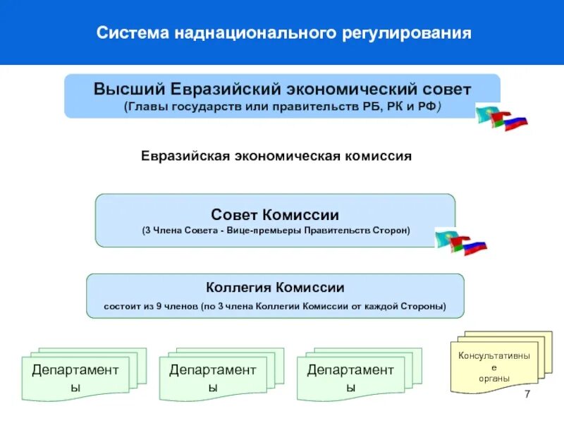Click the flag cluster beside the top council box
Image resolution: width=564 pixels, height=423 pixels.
(501, 116)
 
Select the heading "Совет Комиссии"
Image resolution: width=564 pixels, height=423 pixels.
(275, 214)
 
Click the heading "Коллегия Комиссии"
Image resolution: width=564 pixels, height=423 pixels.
(275, 288)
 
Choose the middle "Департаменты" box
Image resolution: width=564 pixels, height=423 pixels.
(212, 378)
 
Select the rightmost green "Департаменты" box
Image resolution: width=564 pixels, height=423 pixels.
(350, 378)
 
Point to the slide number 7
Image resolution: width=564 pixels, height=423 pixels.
(526, 393)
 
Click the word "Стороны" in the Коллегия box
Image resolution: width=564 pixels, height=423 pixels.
(422, 307)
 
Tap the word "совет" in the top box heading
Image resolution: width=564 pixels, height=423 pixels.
(443, 90)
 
